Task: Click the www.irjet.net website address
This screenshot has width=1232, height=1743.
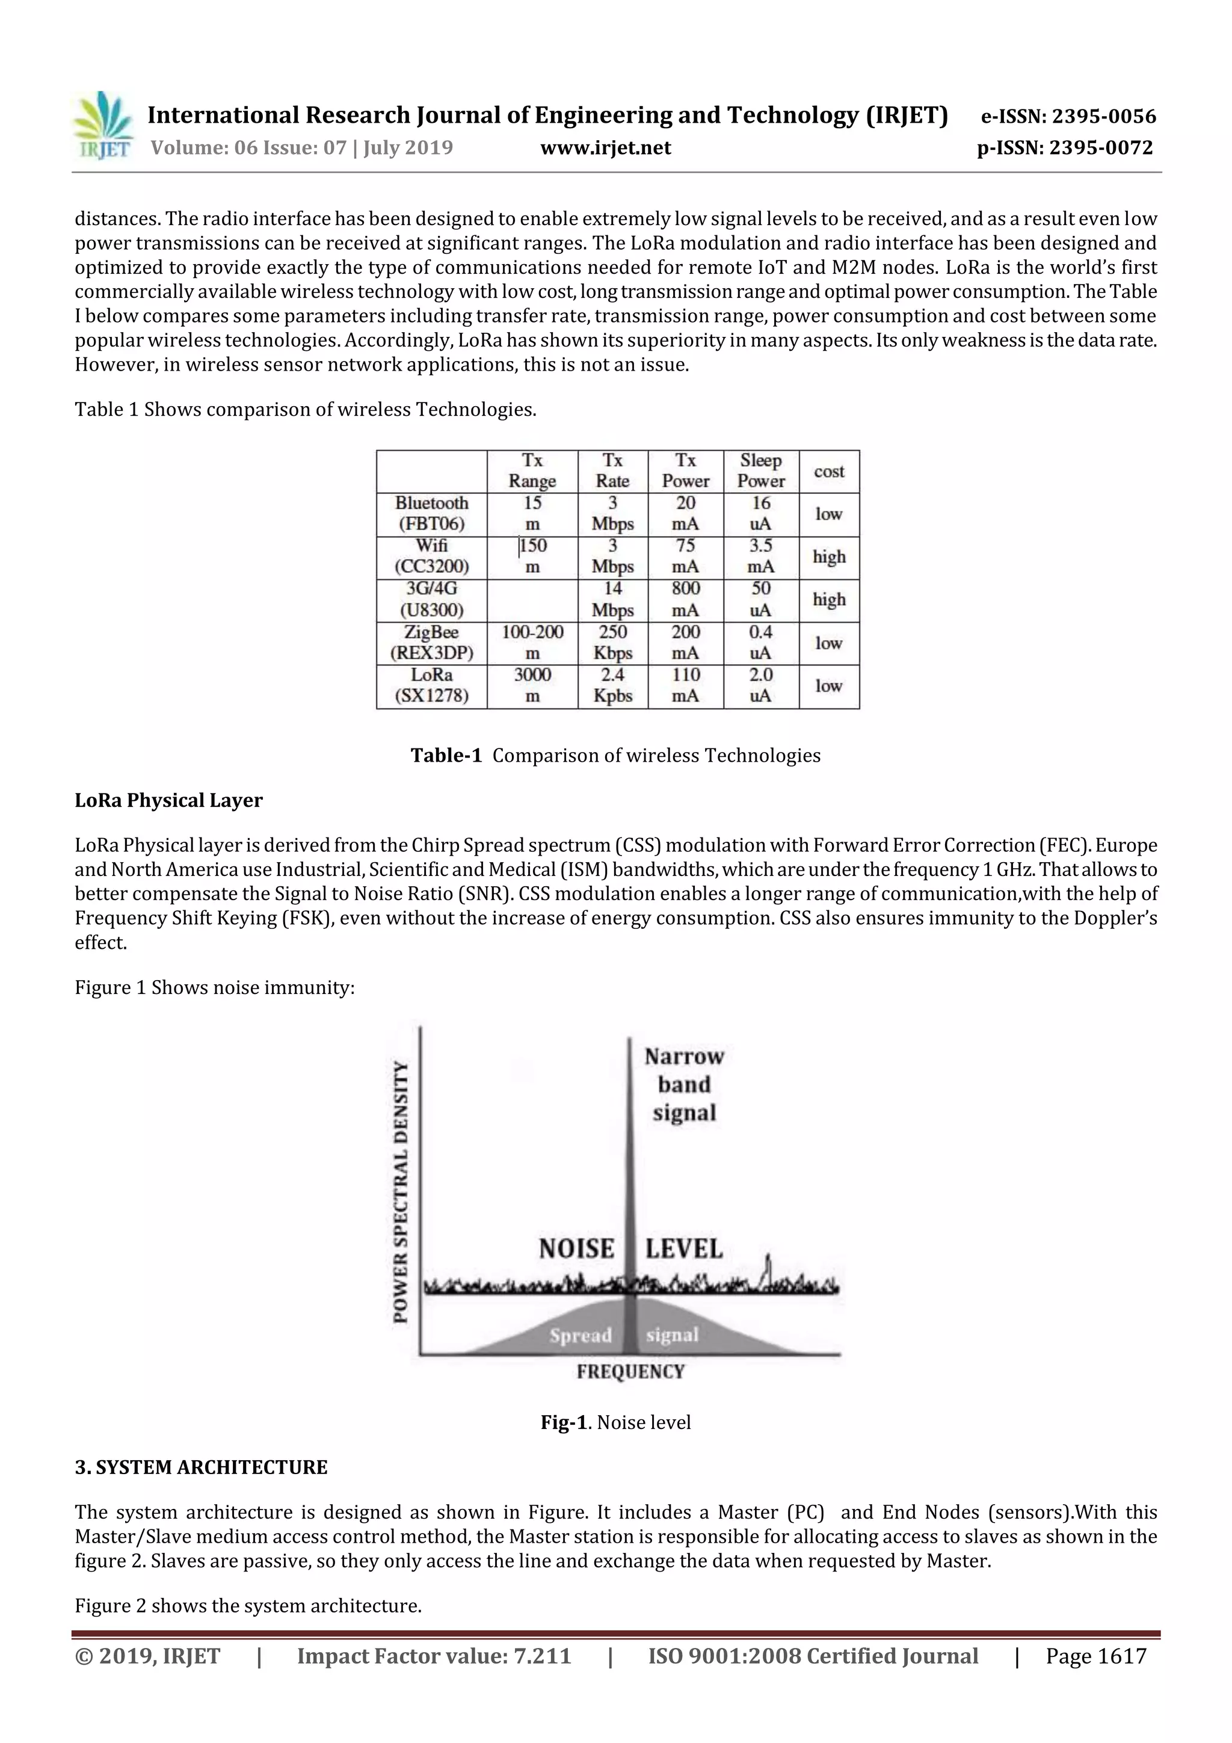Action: coord(605,148)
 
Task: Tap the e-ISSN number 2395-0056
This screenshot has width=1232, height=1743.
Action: coord(1068,116)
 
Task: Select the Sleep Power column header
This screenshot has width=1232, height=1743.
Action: coord(760,470)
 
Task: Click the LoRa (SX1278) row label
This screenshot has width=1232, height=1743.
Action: coord(431,685)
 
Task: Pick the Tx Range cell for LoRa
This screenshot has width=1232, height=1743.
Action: coord(532,685)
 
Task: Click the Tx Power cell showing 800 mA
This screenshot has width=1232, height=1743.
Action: coord(685,600)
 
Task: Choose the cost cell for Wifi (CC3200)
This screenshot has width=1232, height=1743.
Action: coord(829,557)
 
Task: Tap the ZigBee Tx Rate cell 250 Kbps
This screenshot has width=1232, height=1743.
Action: coord(612,642)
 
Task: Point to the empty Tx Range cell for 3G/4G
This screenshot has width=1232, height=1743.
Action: coord(532,600)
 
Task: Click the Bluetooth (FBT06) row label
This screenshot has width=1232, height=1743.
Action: coord(431,514)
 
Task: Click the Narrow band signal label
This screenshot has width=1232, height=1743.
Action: coord(684,1085)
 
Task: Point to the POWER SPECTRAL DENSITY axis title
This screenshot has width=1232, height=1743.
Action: coord(401,1192)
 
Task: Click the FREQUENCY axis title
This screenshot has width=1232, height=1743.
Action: coord(630,1372)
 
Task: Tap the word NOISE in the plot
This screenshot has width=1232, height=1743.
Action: coord(576,1249)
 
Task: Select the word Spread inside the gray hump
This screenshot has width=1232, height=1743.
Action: coord(581,1335)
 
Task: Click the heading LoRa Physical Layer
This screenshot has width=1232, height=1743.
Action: coord(168,800)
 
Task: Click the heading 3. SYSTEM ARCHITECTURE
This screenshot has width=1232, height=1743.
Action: coord(201,1467)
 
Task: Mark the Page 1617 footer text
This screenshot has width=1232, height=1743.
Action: coord(1095,1656)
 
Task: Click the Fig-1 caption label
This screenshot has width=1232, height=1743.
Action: coord(563,1423)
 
